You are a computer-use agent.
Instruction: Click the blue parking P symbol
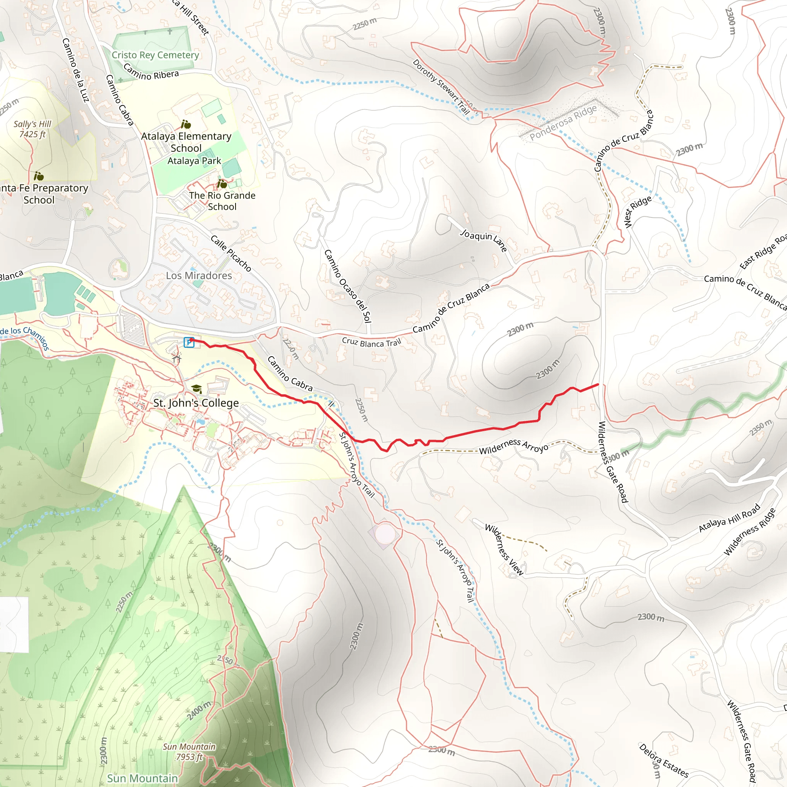pyautogui.click(x=189, y=342)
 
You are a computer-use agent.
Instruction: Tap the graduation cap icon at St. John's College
pyautogui.click(x=197, y=389)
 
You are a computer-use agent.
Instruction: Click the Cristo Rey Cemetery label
pyautogui.click(x=155, y=55)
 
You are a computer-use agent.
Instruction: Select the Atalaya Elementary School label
pyautogui.click(x=186, y=142)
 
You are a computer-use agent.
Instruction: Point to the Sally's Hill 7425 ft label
pyautogui.click(x=33, y=129)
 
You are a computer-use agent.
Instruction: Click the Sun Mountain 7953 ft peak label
pyautogui.click(x=189, y=752)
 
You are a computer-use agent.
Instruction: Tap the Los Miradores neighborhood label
pyautogui.click(x=199, y=276)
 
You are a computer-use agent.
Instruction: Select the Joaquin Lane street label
pyautogui.click(x=483, y=240)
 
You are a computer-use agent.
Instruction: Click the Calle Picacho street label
pyautogui.click(x=231, y=253)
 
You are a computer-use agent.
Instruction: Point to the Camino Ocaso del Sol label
pyautogui.click(x=347, y=286)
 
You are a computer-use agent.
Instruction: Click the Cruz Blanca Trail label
pyautogui.click(x=371, y=342)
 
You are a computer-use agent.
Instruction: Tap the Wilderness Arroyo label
pyautogui.click(x=514, y=446)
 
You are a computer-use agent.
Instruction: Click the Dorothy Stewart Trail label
pyautogui.click(x=441, y=87)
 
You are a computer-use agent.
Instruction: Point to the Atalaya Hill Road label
pyautogui.click(x=729, y=518)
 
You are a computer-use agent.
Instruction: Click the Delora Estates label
pyautogui.click(x=664, y=760)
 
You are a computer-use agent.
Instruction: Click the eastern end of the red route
pyautogui.click(x=598, y=384)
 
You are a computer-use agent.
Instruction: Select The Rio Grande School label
pyautogui.click(x=222, y=201)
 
